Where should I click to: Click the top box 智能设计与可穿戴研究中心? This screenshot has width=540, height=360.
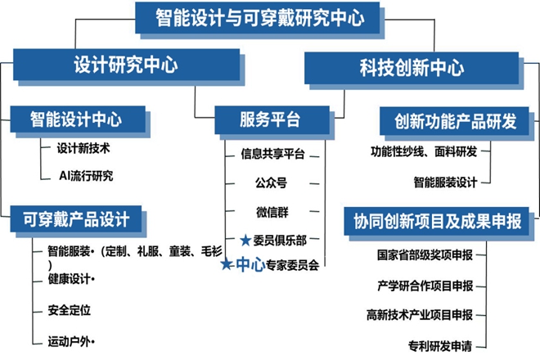[260, 17]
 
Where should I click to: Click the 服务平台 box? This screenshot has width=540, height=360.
[269, 119]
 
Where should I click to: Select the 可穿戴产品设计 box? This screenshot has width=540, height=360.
[79, 218]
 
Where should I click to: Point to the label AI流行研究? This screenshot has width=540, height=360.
[85, 176]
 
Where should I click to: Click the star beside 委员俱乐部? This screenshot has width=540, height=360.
[245, 241]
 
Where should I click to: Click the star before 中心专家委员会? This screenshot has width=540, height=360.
[227, 264]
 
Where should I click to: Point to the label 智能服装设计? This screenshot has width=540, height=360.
[445, 181]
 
